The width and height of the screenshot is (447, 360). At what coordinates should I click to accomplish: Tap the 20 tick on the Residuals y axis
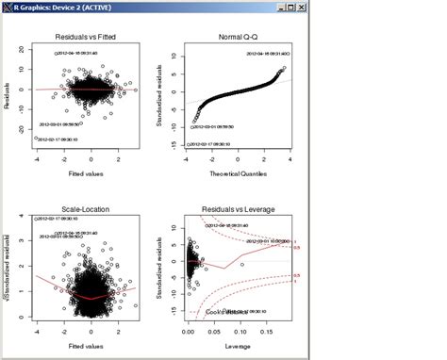(x=25, y=57)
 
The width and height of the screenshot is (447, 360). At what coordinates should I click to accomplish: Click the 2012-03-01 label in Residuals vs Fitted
(x=65, y=123)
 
